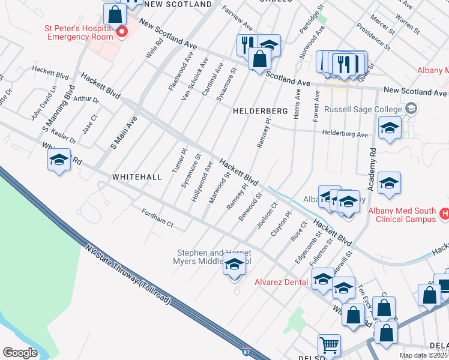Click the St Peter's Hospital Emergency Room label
(78, 32)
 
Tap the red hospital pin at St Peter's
(122, 32)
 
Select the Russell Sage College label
(363, 109)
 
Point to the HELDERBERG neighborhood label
(258, 111)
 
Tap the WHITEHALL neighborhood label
(137, 177)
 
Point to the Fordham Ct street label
(157, 218)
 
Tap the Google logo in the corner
(20, 353)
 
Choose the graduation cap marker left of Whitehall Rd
(59, 161)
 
